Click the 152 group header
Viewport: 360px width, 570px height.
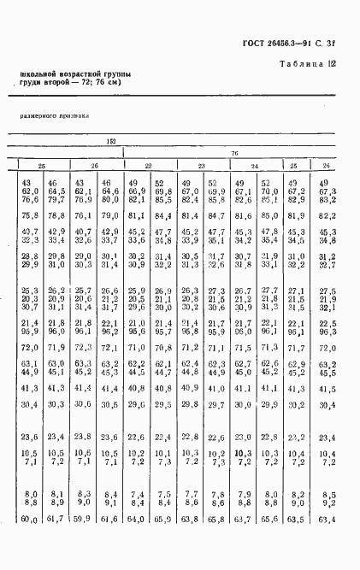coord(111,142)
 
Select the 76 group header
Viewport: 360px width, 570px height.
coord(233,153)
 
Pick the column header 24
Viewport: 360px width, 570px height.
coord(255,165)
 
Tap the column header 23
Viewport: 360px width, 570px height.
coord(202,165)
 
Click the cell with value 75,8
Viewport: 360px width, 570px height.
coord(29,214)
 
